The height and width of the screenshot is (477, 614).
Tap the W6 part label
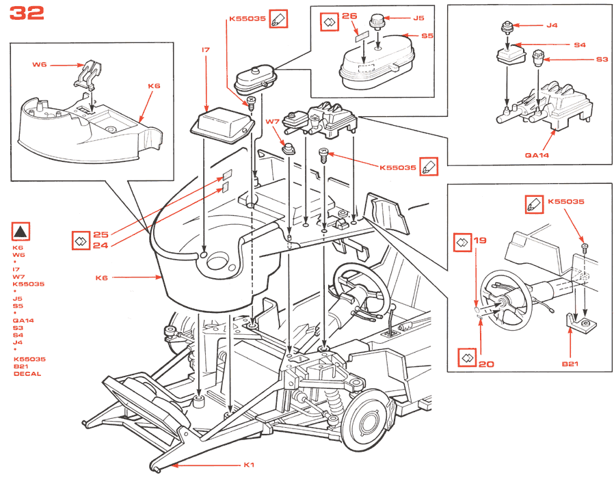40,65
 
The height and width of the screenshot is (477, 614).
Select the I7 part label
206,50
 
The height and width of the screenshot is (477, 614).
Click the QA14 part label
537,154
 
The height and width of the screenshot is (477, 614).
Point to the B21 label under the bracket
570,364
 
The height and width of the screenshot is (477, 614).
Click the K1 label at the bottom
249,465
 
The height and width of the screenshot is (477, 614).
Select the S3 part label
602,59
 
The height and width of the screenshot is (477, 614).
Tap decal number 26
349,16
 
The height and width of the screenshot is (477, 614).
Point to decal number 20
486,364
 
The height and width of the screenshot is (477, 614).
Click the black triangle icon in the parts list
21,232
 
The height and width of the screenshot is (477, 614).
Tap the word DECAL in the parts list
27,374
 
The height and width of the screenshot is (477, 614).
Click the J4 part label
552,25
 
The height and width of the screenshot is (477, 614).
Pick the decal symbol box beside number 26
328,21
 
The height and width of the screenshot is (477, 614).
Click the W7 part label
272,123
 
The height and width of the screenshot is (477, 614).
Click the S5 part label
427,36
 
